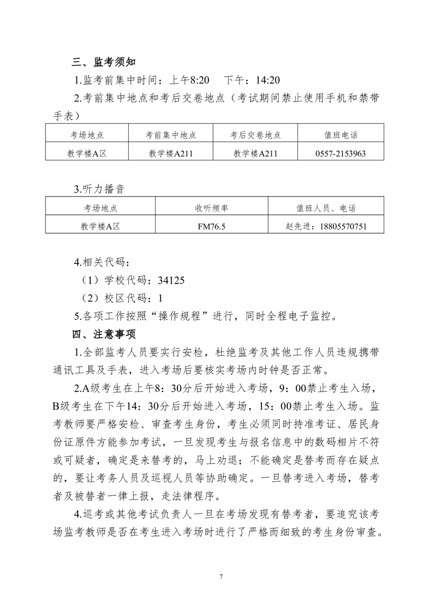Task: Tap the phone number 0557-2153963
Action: point(340,153)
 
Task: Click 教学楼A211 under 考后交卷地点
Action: point(255,153)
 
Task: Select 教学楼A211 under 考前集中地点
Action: point(170,153)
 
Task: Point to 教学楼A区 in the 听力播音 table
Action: point(100,226)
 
